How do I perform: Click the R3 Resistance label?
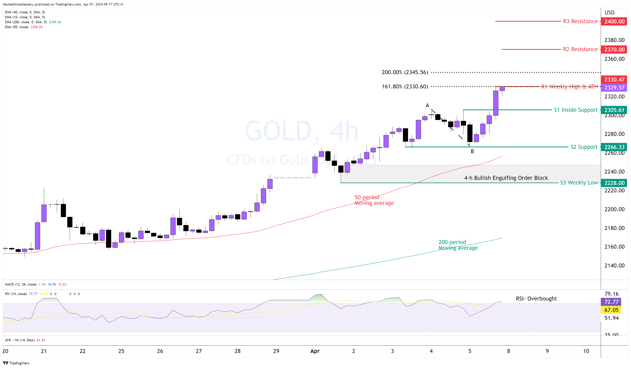pos(580,21)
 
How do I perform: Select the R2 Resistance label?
pos(580,49)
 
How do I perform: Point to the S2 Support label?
pos(584,147)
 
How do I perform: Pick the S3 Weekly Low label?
pos(579,183)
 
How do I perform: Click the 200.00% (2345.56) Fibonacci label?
pos(405,72)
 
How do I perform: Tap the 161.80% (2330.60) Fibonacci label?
pos(405,87)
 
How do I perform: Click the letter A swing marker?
pos(427,105)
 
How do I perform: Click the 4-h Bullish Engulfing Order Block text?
pos(506,178)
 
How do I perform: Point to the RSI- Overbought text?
pos(536,299)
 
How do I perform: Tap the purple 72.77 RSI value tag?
pos(611,302)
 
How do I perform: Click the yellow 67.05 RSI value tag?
pos(611,310)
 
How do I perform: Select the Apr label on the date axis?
pos(315,351)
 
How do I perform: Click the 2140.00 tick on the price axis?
pos(614,266)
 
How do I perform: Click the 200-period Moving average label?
pos(458,245)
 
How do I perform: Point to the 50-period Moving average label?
pos(374,200)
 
